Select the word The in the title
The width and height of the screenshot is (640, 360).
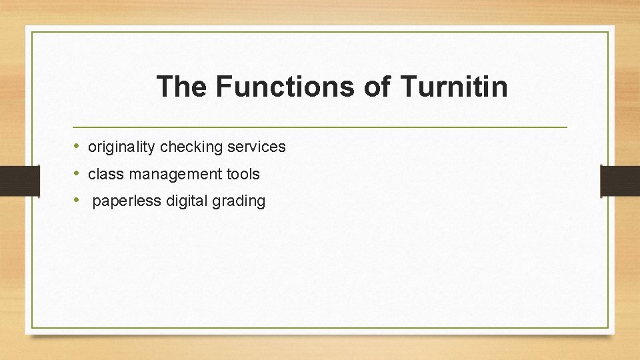click(x=181, y=87)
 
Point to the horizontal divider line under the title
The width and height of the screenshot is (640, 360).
click(x=320, y=127)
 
